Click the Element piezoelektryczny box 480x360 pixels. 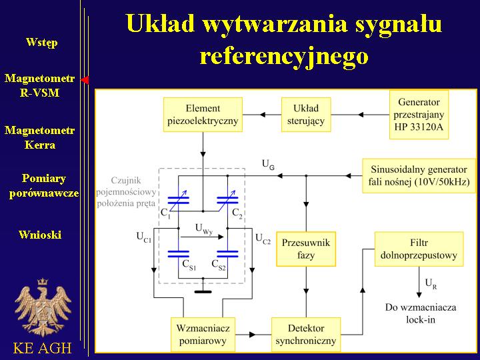[203, 115]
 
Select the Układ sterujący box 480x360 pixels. [306, 115]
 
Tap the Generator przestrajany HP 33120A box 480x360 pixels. [419, 115]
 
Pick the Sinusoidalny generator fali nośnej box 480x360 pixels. [419, 176]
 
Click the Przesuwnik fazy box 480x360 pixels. [306, 249]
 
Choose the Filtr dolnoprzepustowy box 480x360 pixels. [419, 249]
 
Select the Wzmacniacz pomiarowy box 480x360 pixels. [203, 334]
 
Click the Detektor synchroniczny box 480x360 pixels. [306, 334]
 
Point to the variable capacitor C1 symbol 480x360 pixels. [179, 201]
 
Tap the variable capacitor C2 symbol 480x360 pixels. [227, 201]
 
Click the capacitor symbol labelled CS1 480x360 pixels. [179, 253]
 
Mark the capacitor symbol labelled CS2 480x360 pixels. [227, 253]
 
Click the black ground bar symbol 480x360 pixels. [203, 292]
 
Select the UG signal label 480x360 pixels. [268, 165]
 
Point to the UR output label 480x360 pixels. [431, 284]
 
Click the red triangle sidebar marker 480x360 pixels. [85, 80]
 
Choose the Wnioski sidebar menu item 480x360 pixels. [40, 235]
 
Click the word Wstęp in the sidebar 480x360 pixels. [41, 42]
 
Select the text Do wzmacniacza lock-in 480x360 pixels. [421, 313]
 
